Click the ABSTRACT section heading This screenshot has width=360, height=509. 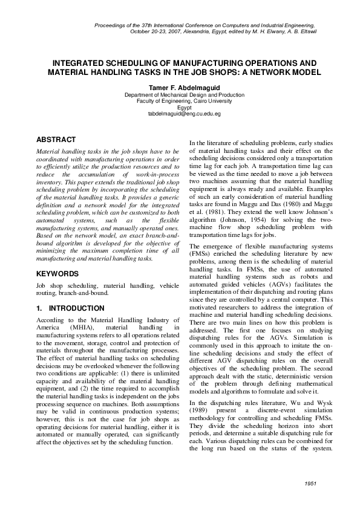56,140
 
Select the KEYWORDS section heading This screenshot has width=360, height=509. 58,273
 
